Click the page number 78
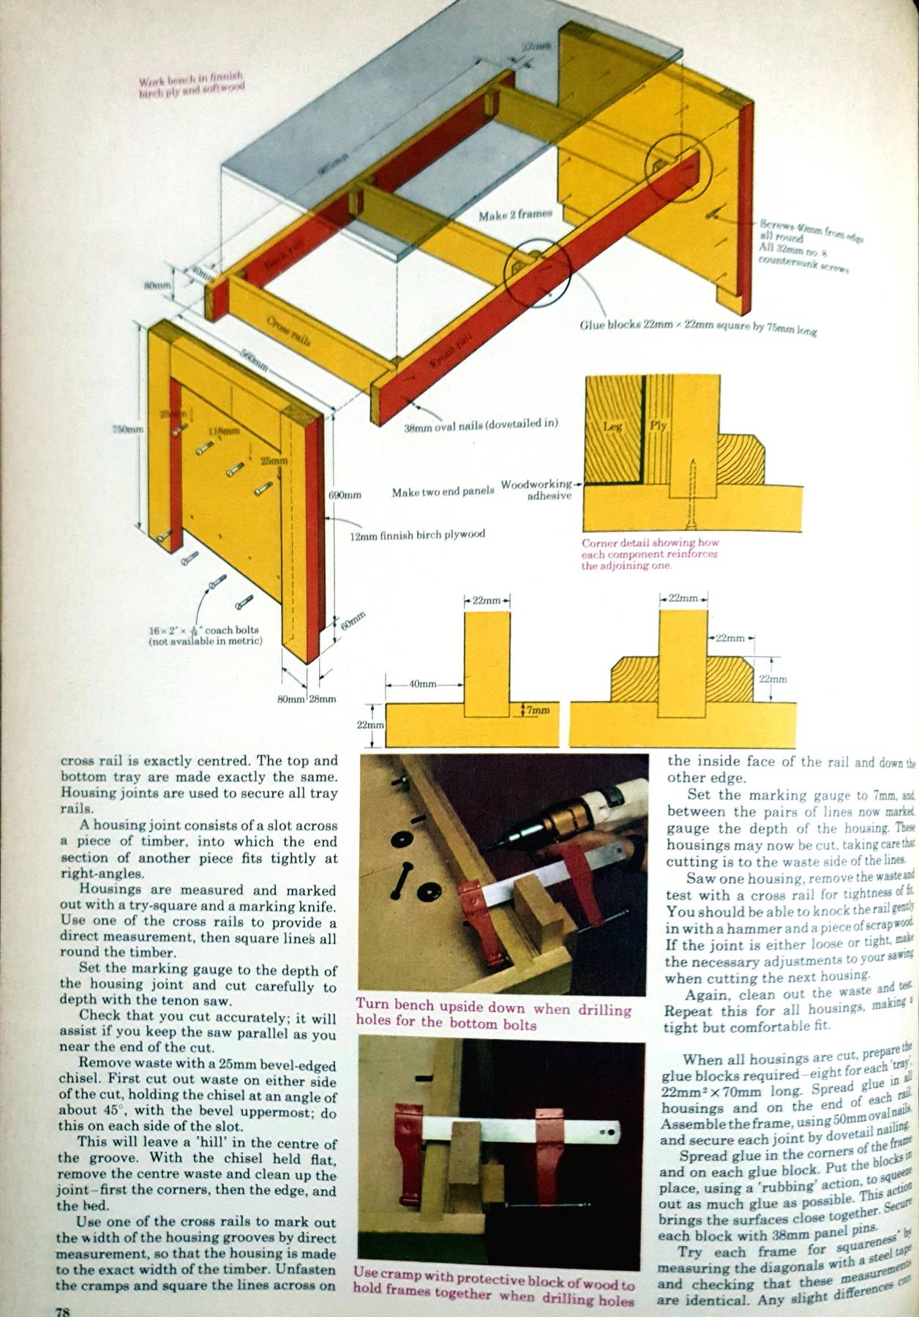click(64, 1310)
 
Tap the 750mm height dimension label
click(121, 429)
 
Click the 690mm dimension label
click(345, 495)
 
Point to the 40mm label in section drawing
click(422, 684)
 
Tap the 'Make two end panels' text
click(443, 492)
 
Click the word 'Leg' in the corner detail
click(613, 426)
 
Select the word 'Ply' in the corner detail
click(658, 425)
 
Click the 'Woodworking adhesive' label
click(538, 489)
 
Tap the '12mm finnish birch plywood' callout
click(417, 534)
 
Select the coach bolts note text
click(204, 635)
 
